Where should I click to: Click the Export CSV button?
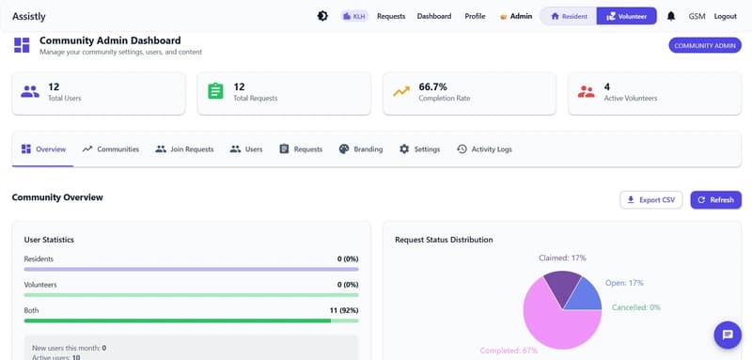tap(651, 199)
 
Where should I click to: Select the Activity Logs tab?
tap(484, 149)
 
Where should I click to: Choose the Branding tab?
tap(360, 149)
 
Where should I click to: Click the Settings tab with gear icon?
tap(419, 149)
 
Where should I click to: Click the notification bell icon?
tap(671, 16)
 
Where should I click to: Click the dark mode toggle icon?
tap(322, 16)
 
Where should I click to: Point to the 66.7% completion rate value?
tap(432, 86)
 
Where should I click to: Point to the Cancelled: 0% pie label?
tap(635, 306)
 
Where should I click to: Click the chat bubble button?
tap(727, 334)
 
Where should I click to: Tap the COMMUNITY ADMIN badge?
tap(703, 45)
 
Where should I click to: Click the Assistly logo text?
tap(27, 16)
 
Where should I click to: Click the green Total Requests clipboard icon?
tap(215, 91)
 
